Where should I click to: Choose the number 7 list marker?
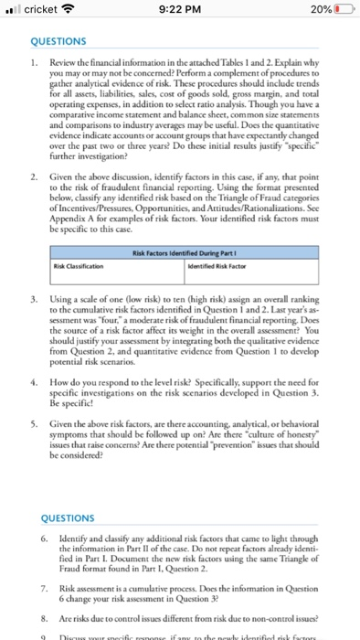tap(34, 584)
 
